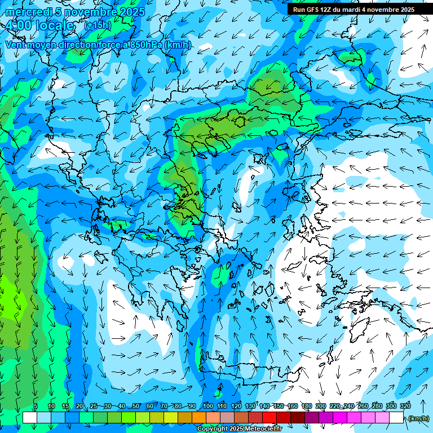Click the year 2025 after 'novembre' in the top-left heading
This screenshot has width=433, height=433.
pyautogui.click(x=131, y=12)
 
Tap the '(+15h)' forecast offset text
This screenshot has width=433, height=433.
pyautogui.click(x=98, y=25)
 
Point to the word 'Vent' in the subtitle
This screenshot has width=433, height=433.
pyautogui.click(x=16, y=45)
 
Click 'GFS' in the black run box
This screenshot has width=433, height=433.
pyautogui.click(x=313, y=10)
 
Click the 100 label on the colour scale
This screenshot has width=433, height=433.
pyautogui.click(x=208, y=407)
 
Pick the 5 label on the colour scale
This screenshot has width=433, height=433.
pyautogui.click(x=36, y=407)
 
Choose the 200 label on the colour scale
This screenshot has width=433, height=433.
pyautogui.click(x=321, y=407)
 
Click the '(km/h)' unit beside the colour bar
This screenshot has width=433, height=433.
pyautogui.click(x=418, y=418)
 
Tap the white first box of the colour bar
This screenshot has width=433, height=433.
pyautogui.click(x=30, y=418)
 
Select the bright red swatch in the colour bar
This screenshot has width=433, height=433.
pyautogui.click(x=269, y=418)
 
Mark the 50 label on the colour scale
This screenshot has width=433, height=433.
pyautogui.click(x=136, y=407)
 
